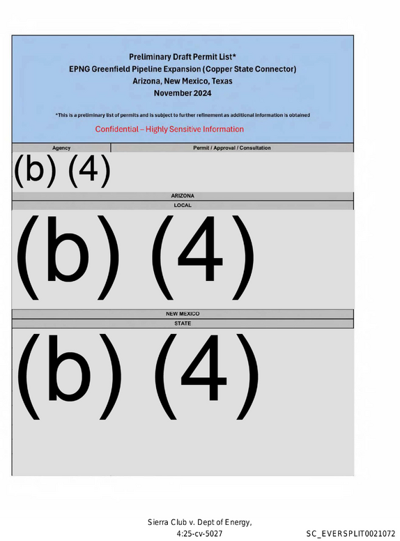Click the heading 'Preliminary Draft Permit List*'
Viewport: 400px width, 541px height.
click(x=183, y=57)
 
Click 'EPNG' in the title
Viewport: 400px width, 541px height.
click(x=79, y=69)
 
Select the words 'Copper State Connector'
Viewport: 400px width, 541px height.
click(x=249, y=69)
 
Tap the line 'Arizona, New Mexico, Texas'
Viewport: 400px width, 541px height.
click(x=183, y=81)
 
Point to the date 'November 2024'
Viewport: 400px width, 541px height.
click(x=183, y=93)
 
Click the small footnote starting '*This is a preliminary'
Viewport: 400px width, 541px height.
click(x=183, y=115)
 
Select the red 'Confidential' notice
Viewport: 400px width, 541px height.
click(x=169, y=129)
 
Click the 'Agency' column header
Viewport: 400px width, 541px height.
click(x=61, y=148)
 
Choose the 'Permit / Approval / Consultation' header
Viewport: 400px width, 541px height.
click(x=232, y=148)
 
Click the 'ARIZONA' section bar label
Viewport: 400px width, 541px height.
click(x=183, y=196)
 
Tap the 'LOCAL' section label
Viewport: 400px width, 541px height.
click(x=183, y=205)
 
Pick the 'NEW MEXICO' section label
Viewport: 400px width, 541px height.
click(x=183, y=314)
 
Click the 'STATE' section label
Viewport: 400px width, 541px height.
click(x=183, y=323)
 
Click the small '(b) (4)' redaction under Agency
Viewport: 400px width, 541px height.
click(x=62, y=171)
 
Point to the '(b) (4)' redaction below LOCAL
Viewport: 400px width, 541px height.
click(x=135, y=257)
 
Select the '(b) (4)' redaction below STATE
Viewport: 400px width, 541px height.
click(x=137, y=376)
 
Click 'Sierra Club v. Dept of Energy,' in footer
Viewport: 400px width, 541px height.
click(x=200, y=522)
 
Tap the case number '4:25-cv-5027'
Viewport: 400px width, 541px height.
click(x=199, y=534)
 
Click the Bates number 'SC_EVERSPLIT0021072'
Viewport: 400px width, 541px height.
click(x=351, y=534)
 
